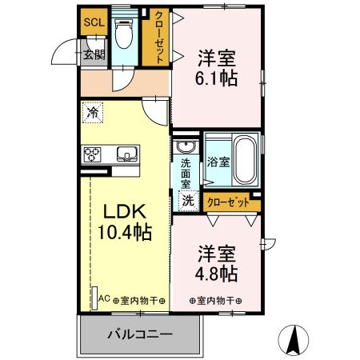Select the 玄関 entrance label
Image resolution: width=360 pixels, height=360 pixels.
[94, 55]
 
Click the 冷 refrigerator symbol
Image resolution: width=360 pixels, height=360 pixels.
[93, 113]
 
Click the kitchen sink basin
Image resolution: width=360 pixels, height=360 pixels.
[126, 154]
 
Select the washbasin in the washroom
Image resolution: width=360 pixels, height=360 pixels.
[186, 148]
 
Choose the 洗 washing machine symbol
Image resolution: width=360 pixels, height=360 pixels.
[188, 201]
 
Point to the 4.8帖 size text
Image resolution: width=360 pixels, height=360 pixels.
[217, 273]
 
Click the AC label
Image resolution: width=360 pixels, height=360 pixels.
[102, 300]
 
